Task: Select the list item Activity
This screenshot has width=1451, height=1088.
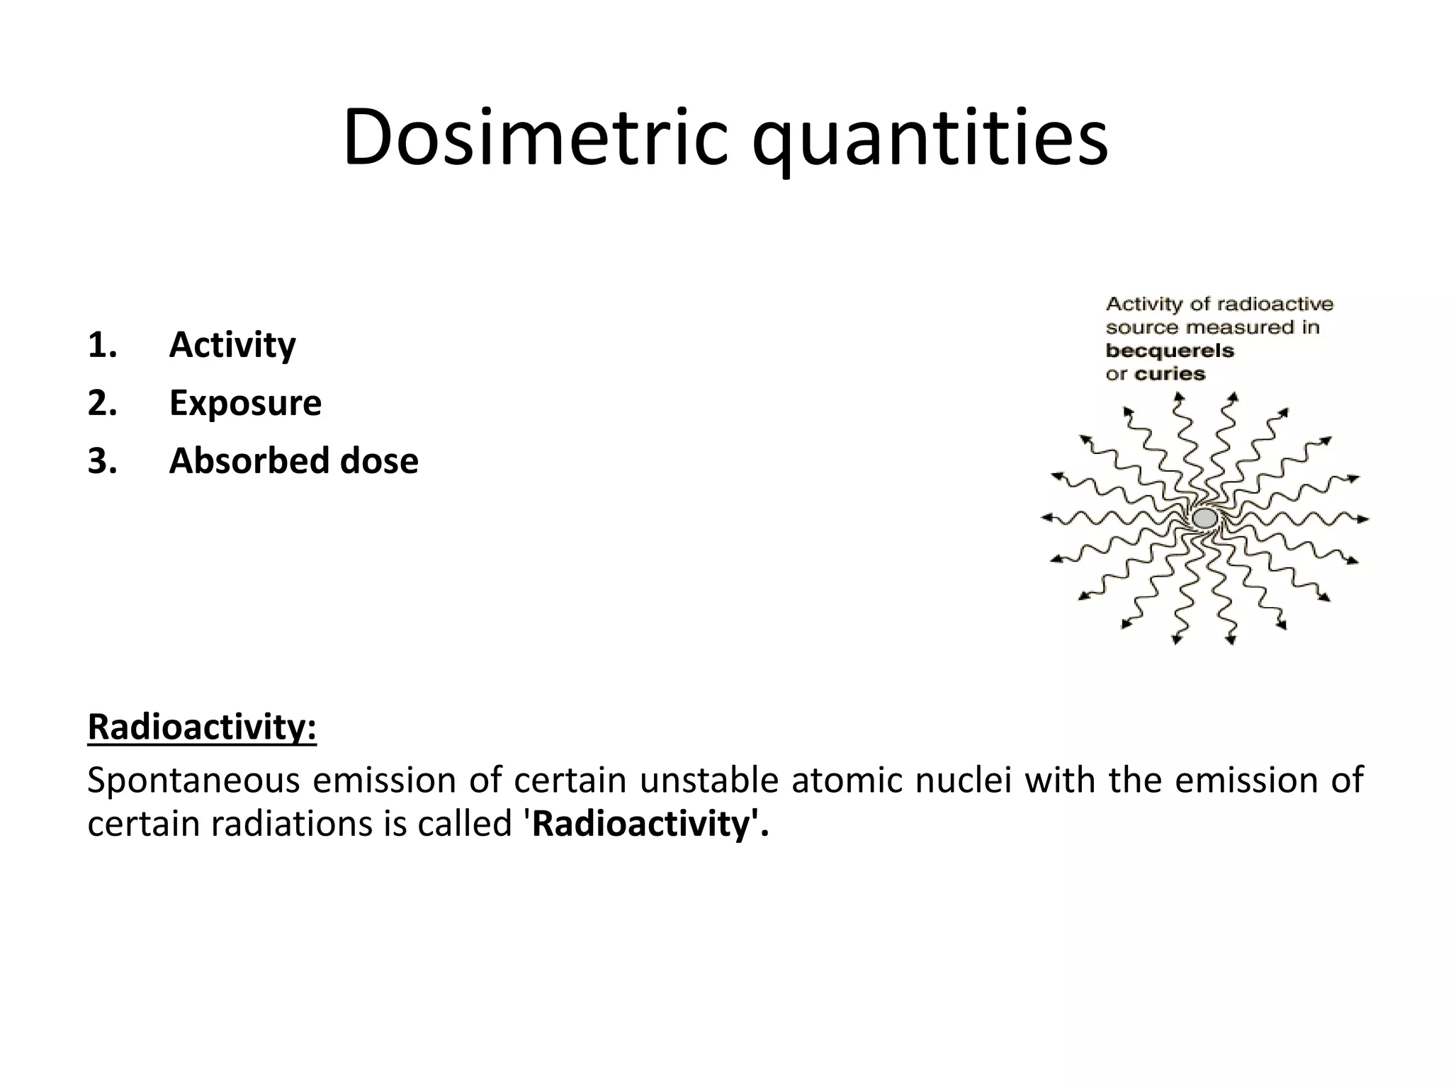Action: click(232, 345)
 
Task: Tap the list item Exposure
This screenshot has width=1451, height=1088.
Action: click(245, 403)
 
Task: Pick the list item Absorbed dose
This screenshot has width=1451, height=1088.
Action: click(293, 461)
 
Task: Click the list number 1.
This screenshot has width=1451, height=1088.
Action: click(102, 345)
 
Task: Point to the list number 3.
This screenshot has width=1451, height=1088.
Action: click(102, 461)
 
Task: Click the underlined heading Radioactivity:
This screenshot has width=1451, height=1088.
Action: click(202, 727)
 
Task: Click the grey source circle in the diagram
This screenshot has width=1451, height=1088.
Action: click(1204, 518)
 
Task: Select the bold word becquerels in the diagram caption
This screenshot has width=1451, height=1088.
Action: click(1170, 351)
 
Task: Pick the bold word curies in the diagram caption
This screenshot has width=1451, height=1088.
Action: click(1170, 374)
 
